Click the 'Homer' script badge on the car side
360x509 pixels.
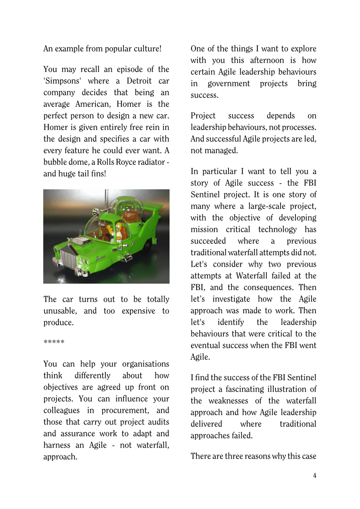[x=100, y=258]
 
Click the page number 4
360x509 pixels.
[x=315, y=476]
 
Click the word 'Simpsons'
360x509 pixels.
[x=62, y=81]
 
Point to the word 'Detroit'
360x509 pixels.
[x=139, y=81]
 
